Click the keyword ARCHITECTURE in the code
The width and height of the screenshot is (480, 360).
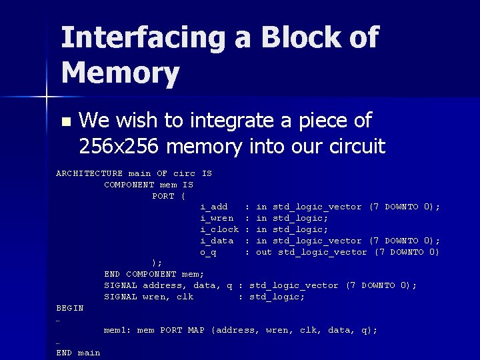point(89,173)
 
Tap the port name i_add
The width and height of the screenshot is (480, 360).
point(214,207)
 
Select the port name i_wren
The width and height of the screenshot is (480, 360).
point(217,218)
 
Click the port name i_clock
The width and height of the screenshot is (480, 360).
point(219,229)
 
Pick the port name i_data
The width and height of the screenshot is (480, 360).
point(217,241)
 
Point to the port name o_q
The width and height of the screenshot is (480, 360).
point(208,252)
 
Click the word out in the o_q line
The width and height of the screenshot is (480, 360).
point(264,252)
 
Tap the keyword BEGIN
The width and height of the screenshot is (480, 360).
point(70,308)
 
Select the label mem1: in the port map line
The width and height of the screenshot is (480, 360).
point(117,330)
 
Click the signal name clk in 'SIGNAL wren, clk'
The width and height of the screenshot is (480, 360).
point(185,297)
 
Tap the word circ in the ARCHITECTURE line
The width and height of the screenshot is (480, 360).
point(185,173)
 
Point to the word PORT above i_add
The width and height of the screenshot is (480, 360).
point(163,196)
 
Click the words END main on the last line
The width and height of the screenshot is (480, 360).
point(78,353)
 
